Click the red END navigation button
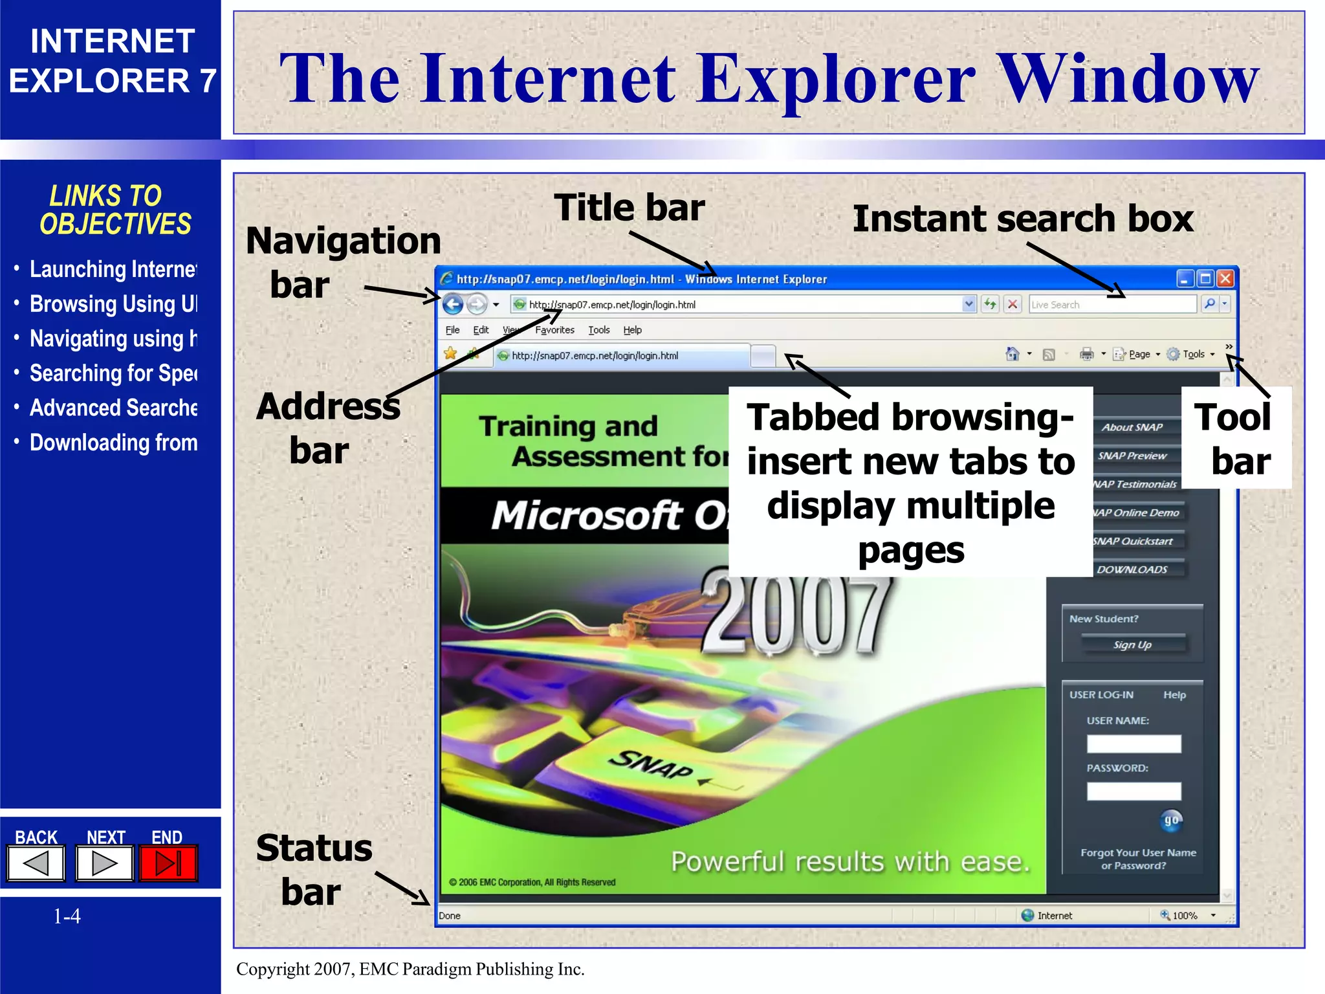(168, 863)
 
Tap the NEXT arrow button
(104, 863)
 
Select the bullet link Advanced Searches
(113, 408)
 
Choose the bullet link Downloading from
(113, 443)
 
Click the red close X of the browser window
(1225, 279)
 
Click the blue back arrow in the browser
(453, 304)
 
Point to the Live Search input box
(1111, 304)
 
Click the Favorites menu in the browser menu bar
(554, 330)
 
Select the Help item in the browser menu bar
(632, 330)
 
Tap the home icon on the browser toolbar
(1013, 354)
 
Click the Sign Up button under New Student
(1132, 645)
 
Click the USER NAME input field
(1133, 744)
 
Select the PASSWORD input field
(1133, 791)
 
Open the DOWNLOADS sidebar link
(1132, 569)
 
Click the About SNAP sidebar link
(1132, 427)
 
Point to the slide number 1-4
(67, 916)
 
